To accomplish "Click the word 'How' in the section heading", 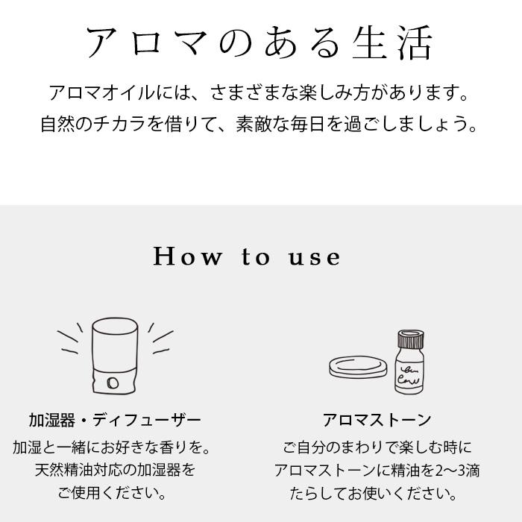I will pos(188,257).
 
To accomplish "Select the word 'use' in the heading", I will pos(315,257).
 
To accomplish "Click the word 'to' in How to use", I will pos(255,258).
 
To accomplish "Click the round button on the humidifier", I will pos(112,383).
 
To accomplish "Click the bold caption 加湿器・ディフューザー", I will pos(115,420).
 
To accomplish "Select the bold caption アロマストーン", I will pos(377,420).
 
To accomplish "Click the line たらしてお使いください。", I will pos(377,494).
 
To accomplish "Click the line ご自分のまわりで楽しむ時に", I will pos(377,447).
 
